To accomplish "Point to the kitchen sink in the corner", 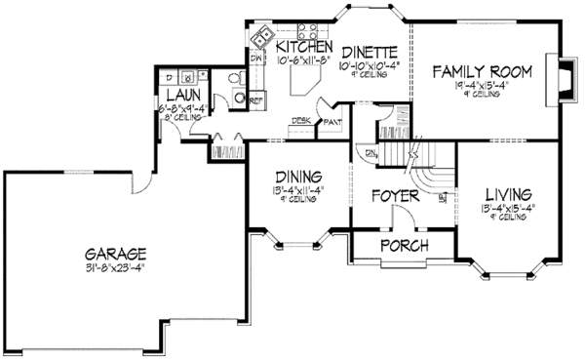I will (262, 40).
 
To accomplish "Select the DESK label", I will (300, 121).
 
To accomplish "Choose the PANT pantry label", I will (332, 122).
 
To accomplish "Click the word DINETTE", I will (369, 52).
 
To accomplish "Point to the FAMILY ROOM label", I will (481, 72).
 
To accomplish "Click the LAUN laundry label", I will (182, 96).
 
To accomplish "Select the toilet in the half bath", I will (235, 81).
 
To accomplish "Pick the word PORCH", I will (404, 245).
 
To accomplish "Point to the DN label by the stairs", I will (370, 154).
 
